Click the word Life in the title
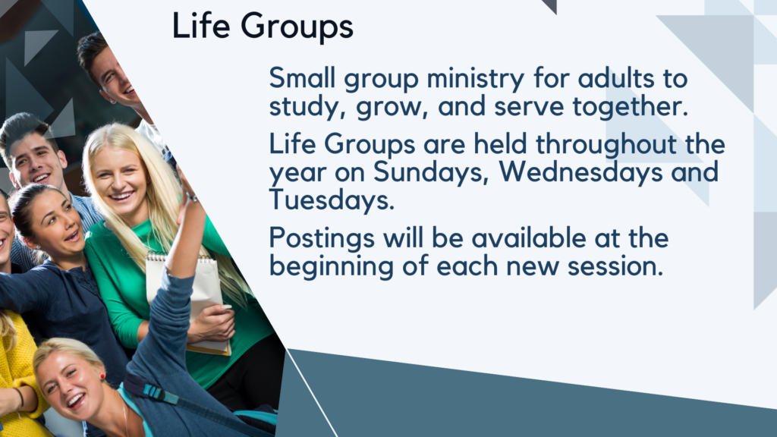(x=200, y=26)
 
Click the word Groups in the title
(x=297, y=28)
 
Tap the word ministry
(x=475, y=80)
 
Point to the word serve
(x=529, y=107)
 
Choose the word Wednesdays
(x=580, y=172)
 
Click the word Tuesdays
(x=332, y=200)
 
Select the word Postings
(x=322, y=239)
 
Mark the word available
(x=528, y=238)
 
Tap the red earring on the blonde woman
(x=102, y=377)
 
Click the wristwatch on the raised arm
(x=190, y=197)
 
